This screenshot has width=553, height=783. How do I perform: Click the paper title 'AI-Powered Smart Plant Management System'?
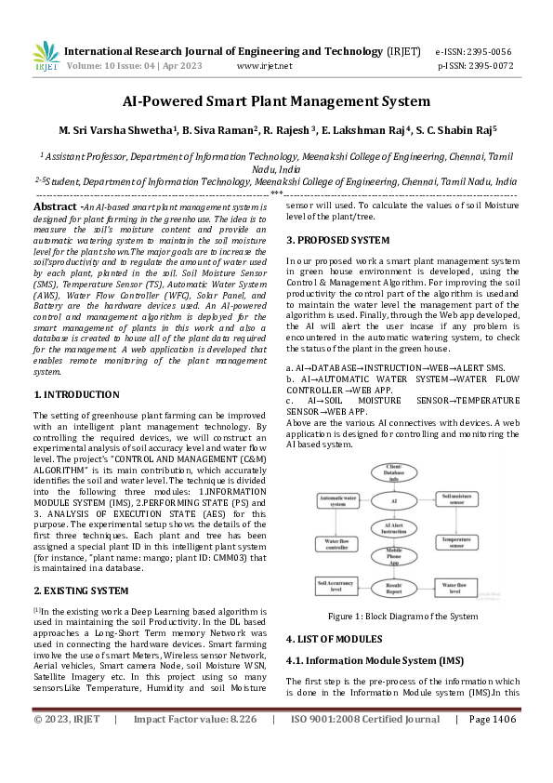tap(276, 101)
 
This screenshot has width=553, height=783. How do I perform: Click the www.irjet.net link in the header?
tap(265, 66)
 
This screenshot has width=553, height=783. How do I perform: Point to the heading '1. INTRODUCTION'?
tap(76, 394)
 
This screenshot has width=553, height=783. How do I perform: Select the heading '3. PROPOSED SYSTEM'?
tap(336, 240)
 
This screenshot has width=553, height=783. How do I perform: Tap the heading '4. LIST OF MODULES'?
tap(334, 639)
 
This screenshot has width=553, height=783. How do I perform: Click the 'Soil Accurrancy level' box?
tap(337, 586)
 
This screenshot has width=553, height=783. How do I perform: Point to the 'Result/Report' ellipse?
tap(393, 589)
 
